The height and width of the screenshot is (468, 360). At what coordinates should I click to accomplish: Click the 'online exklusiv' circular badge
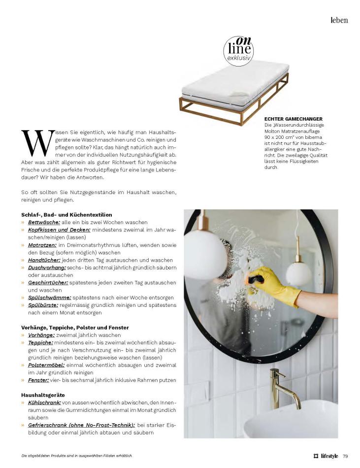tap(238, 51)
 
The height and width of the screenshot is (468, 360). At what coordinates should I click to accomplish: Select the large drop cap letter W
tap(37, 143)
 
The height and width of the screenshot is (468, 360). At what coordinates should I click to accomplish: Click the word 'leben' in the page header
tap(339, 20)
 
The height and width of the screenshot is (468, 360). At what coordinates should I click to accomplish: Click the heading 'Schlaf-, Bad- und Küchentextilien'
tap(66, 215)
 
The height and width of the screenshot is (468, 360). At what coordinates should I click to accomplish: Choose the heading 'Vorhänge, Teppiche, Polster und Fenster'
tap(75, 327)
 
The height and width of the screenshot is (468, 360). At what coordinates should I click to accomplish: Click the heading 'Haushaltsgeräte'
tap(43, 395)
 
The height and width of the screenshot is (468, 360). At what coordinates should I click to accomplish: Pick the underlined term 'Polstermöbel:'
tap(48, 365)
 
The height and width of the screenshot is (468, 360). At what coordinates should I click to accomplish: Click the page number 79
tap(345, 456)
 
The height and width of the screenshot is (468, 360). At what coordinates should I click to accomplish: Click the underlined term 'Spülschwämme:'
tap(49, 297)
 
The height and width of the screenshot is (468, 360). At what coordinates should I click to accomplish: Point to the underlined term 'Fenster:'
tap(38, 380)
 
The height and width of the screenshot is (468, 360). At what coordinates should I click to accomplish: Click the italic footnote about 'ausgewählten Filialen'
tap(76, 456)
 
